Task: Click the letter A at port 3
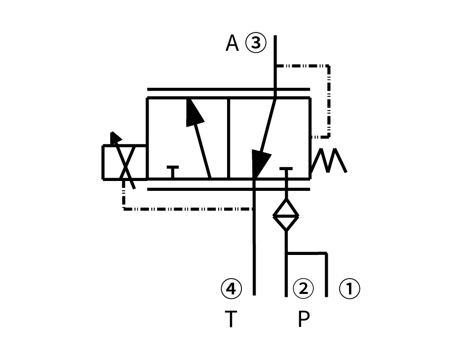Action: click(x=232, y=43)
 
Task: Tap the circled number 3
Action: click(x=255, y=43)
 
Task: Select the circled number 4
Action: click(x=231, y=288)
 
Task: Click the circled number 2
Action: click(x=303, y=288)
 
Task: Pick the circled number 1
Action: click(x=349, y=288)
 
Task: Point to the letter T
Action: click(x=231, y=319)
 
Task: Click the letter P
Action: click(x=304, y=319)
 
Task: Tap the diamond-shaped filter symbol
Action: click(x=286, y=215)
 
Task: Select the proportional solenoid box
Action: click(x=124, y=162)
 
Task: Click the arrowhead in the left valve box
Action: click(x=194, y=113)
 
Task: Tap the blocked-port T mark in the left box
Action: click(x=173, y=170)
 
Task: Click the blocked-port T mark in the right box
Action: click(x=286, y=171)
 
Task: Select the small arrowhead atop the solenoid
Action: click(x=116, y=137)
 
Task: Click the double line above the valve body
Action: click(x=228, y=89)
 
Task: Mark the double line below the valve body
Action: click(x=228, y=189)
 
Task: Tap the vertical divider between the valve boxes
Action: click(x=229, y=138)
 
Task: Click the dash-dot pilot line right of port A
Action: click(x=329, y=99)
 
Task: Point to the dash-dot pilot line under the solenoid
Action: click(x=188, y=209)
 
